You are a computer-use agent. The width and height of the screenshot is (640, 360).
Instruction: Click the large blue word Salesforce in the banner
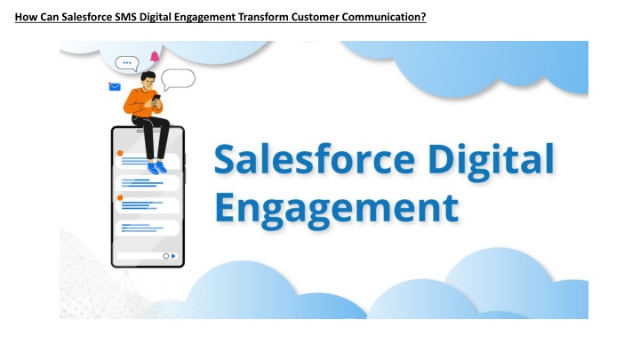(x=315, y=158)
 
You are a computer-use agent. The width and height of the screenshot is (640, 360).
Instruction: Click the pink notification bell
(x=155, y=56)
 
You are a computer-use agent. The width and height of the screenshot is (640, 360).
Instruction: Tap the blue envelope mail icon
(x=115, y=86)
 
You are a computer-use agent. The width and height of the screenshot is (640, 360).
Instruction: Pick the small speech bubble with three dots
(x=127, y=64)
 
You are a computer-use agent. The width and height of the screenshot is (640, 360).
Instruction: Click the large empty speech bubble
(x=178, y=79)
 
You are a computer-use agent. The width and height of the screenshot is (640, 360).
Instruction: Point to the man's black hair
(x=148, y=76)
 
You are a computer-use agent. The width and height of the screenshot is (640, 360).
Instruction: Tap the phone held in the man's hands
(x=156, y=98)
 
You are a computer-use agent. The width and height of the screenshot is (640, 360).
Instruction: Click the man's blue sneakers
(x=156, y=168)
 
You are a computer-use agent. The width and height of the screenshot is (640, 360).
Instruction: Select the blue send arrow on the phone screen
(x=173, y=256)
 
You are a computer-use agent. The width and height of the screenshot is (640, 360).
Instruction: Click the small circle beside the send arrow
(x=165, y=256)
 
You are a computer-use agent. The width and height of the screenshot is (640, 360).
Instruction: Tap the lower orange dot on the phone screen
(x=120, y=197)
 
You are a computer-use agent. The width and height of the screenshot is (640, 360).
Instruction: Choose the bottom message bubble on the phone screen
(x=148, y=228)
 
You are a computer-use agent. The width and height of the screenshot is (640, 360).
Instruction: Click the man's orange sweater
(x=140, y=102)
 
